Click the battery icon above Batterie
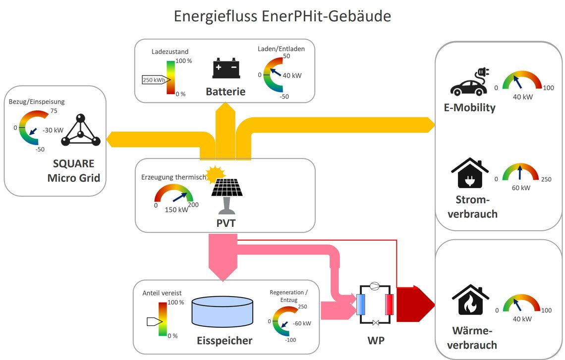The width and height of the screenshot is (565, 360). (x=226, y=68)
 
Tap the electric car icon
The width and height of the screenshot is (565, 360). (x=469, y=82)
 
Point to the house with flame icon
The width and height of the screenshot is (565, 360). (x=470, y=300)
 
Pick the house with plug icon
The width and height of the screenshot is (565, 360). (x=470, y=173)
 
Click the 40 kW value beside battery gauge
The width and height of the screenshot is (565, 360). (x=292, y=76)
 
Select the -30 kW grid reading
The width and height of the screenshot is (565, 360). (x=53, y=130)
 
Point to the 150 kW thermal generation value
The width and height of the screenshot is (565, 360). (x=176, y=210)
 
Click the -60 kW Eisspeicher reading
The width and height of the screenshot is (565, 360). (x=302, y=323)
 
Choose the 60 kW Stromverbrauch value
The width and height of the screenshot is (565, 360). (x=521, y=188)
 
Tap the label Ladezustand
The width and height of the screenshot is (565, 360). (x=169, y=51)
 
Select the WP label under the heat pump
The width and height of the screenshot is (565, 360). (x=376, y=340)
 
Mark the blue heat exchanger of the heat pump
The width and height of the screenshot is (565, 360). (x=361, y=305)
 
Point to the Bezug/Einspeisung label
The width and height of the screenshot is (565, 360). (x=37, y=102)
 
